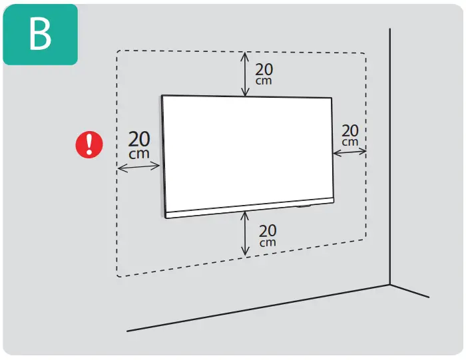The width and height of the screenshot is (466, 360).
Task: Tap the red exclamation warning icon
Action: pos(89,144)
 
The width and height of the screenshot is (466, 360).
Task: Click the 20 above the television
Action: pos(264,69)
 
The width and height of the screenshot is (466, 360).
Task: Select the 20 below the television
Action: pos(267,230)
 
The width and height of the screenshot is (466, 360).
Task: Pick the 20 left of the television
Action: pos(139,140)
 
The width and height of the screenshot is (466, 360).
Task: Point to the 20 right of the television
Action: pos(349,130)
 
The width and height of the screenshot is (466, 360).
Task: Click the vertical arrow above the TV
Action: pos(245,75)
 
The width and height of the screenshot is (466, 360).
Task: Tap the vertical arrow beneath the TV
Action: pos(246,233)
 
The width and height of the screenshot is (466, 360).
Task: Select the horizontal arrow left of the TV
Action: pos(139,168)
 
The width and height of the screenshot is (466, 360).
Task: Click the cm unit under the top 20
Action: pos(264,81)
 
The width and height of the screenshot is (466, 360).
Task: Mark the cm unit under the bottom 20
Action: pos(267,242)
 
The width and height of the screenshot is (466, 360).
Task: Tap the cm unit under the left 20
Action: pos(139,154)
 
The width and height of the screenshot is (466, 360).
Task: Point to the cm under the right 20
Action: pos(349,142)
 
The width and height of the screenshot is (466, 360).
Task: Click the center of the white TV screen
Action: pos(248,150)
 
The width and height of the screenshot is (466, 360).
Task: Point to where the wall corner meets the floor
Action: pos(390,285)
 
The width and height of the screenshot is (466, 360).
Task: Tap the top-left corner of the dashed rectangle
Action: pos(118,52)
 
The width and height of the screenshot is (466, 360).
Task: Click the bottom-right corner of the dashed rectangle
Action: pos(365,240)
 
